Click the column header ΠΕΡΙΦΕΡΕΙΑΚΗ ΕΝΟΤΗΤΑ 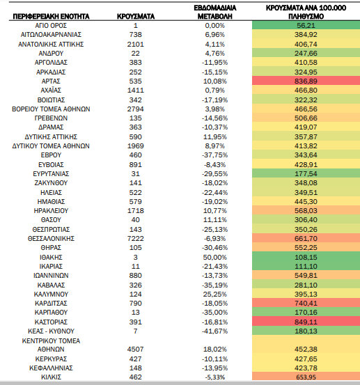51,17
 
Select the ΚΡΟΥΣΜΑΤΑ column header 136,17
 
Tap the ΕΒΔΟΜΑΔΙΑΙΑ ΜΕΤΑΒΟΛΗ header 215,12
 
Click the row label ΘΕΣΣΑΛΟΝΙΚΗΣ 51,238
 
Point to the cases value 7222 136,238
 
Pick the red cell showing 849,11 306,322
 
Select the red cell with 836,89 306,81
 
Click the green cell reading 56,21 306,25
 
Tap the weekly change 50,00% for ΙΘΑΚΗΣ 215,258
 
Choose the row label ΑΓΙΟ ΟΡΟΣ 51,26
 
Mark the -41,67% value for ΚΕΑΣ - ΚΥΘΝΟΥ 215,331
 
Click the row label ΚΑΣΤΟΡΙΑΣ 51,322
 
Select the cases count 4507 136,349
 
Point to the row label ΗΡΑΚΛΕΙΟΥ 51,211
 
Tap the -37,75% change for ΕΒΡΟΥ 215,155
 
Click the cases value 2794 136,109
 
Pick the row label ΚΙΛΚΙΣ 51,377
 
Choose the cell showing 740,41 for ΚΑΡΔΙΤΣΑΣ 306,304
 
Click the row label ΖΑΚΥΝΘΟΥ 51,183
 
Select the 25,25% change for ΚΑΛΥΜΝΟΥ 215,294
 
